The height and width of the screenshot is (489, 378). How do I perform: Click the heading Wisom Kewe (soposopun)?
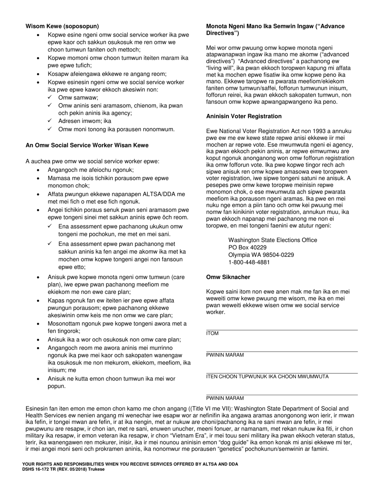pyautogui.click(x=62, y=26)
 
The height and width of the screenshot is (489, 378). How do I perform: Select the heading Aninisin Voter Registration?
pyautogui.click(x=244, y=116)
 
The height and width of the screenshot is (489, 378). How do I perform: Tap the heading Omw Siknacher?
pyautogui.click(x=228, y=277)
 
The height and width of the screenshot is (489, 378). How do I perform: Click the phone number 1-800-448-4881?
pyautogui.click(x=249, y=262)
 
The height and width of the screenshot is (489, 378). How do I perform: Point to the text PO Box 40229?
pyautogui.click(x=247, y=247)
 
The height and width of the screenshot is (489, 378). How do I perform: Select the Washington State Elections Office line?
pyautogui.click(x=273, y=240)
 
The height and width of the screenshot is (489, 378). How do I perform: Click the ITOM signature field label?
pyautogui.click(x=212, y=334)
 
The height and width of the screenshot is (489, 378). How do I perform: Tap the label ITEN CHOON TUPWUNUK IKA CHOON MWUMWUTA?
pyautogui.click(x=267, y=376)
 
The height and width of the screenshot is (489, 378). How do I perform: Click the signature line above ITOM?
pyautogui.click(x=282, y=330)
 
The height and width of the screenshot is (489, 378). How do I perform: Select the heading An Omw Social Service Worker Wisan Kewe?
pyautogui.click(x=87, y=145)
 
